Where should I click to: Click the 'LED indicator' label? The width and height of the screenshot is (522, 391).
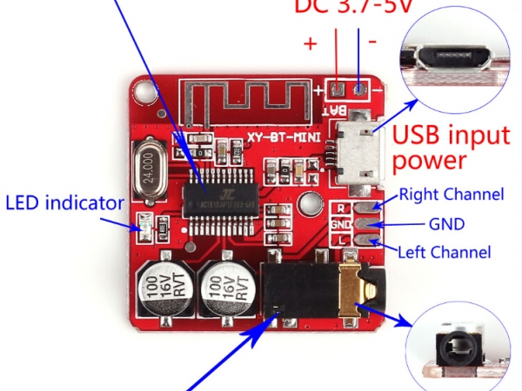[64, 204]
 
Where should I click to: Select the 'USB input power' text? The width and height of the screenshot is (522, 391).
[451, 148]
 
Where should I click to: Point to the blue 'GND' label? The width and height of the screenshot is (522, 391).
[446, 223]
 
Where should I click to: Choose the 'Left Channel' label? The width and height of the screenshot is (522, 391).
[444, 253]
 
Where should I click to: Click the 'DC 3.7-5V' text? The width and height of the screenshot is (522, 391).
[365, 7]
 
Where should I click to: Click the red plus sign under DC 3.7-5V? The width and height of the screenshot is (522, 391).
[311, 42]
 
